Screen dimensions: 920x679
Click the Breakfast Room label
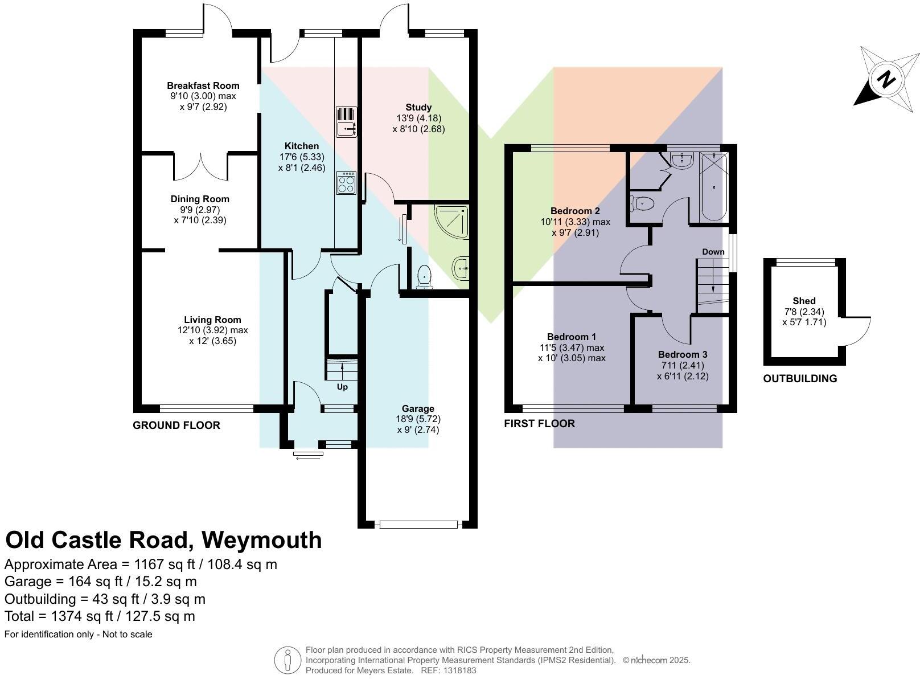pos(203,86)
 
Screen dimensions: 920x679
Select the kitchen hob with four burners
pos(346,183)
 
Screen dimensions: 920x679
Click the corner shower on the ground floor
pos(451,222)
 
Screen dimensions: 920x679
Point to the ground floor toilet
pos(424,277)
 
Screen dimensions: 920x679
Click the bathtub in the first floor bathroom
pos(714,187)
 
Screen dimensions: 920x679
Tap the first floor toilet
pos(642,203)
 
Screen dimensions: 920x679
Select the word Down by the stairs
pos(713,252)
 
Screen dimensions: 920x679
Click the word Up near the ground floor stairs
pos(342,387)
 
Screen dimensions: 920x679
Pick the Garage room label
pos(418,408)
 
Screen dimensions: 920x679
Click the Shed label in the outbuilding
pos(804,301)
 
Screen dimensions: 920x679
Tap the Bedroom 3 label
pos(683,355)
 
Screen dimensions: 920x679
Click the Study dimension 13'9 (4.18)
pos(418,118)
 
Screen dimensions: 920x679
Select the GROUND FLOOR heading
pos(176,426)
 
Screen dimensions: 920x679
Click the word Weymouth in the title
pos(262,540)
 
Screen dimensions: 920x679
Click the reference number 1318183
pos(459,670)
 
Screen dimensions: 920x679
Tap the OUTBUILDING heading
pos(800,379)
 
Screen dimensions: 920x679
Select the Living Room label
pos(212,320)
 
